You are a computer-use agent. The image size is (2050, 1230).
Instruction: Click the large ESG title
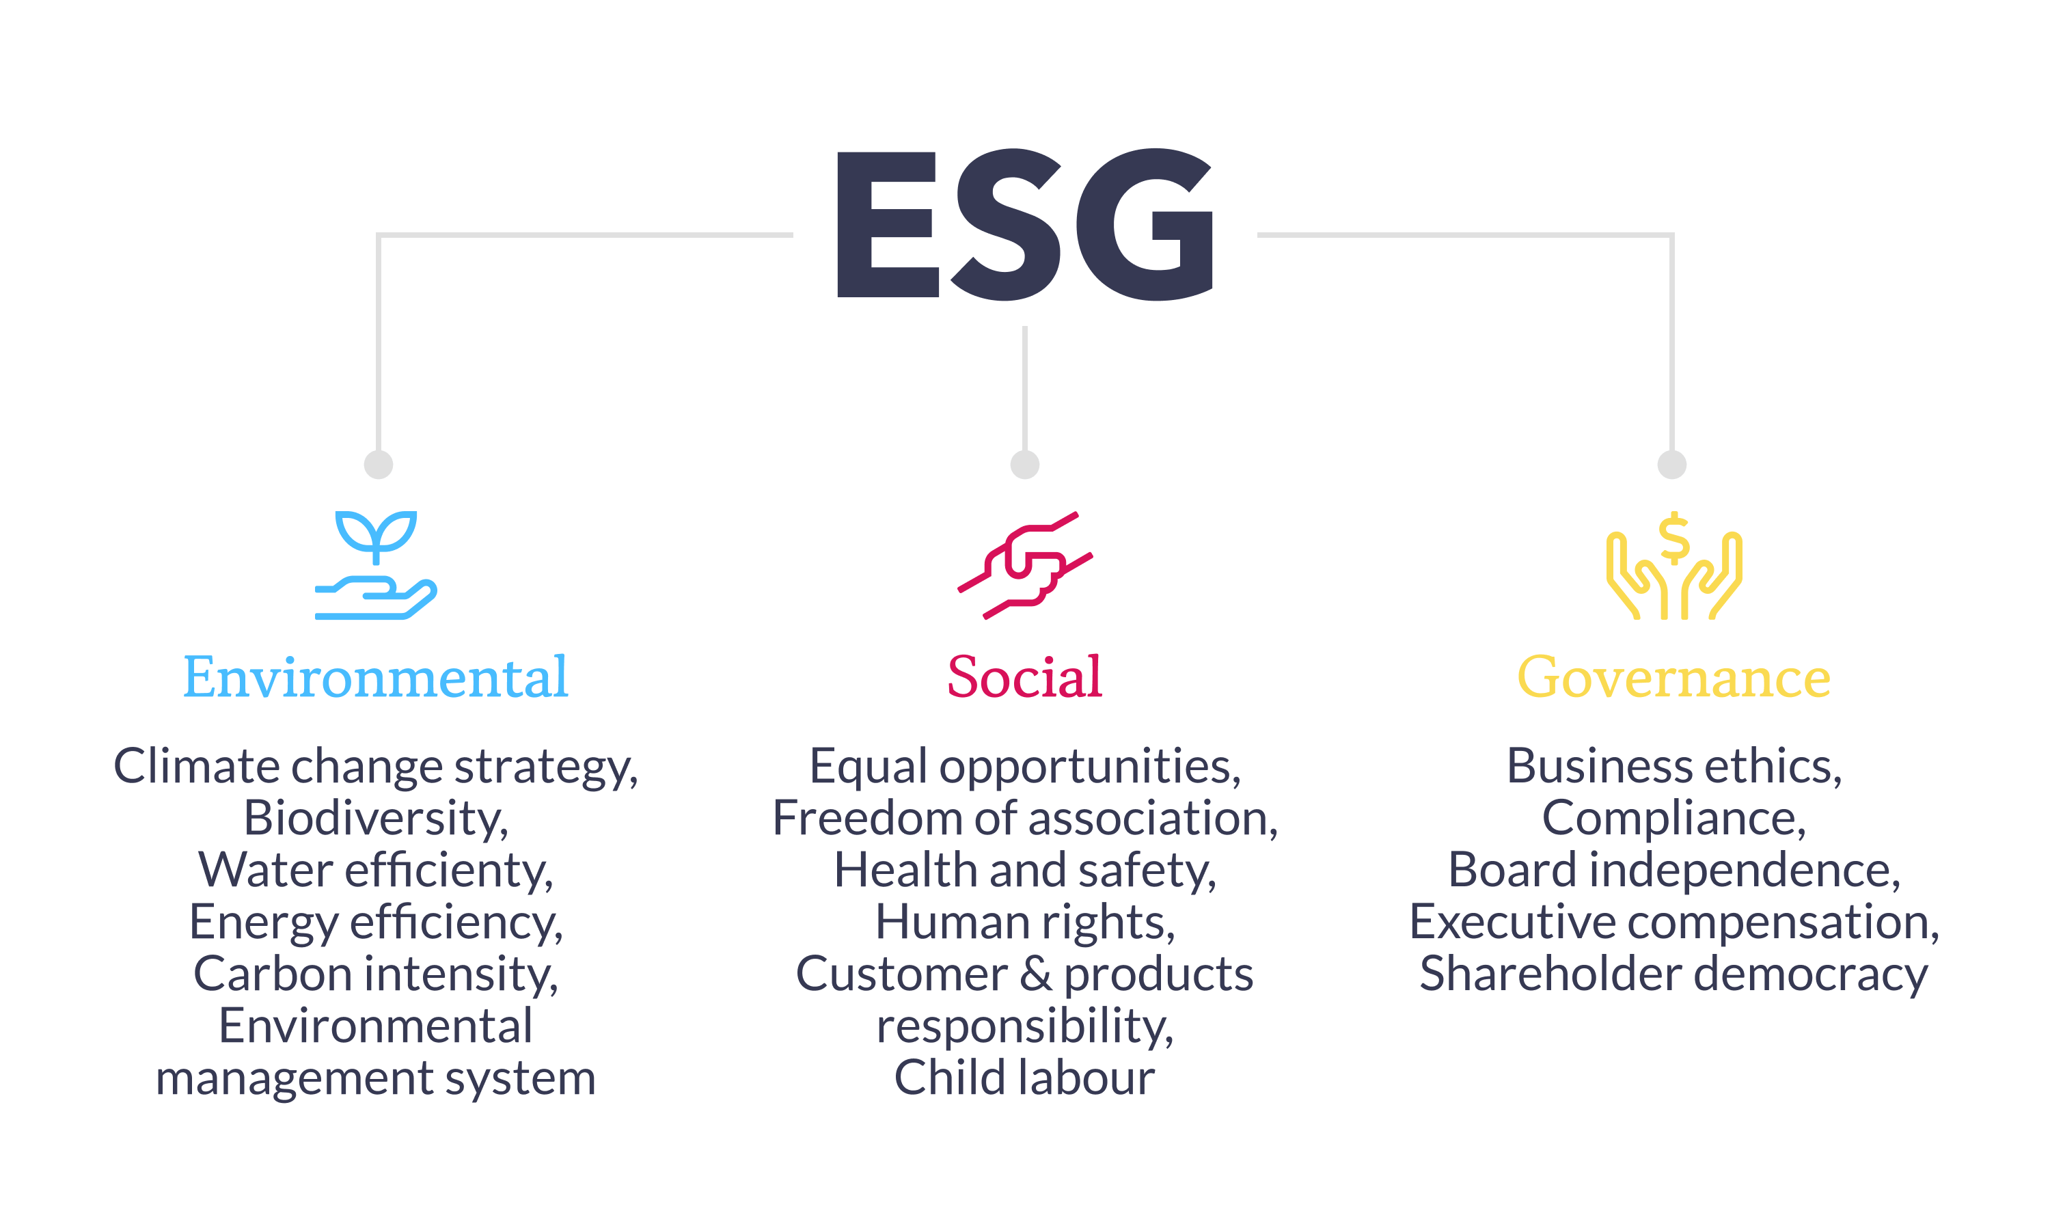(1025, 223)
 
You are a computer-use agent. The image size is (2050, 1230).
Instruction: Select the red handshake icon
(1025, 565)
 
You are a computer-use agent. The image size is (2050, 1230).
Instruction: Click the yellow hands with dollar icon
(1673, 567)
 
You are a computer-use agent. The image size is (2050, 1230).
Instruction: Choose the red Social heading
(1025, 677)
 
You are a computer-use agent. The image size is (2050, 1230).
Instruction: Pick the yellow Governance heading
(1673, 677)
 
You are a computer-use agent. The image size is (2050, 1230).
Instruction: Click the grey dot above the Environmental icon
(379, 464)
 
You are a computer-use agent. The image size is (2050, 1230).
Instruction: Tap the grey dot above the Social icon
(1025, 464)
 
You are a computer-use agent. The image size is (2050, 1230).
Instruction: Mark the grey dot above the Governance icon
(1672, 464)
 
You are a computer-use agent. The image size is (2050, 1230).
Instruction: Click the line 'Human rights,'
(1025, 922)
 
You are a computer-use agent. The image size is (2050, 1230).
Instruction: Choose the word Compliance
(1673, 818)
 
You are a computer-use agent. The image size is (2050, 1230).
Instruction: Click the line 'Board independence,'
(1673, 871)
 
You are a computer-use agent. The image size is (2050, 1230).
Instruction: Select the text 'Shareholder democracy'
(1673, 974)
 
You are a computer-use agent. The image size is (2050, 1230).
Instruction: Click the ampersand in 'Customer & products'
(1036, 974)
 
